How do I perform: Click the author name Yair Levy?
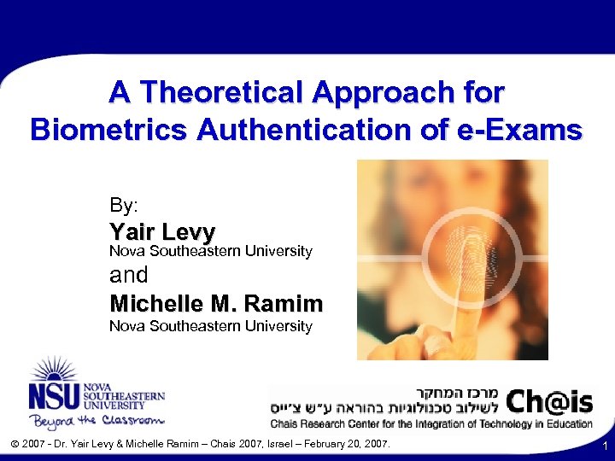pyautogui.click(x=162, y=231)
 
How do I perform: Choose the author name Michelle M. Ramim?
pyautogui.click(x=216, y=303)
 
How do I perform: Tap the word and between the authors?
pyautogui.click(x=129, y=275)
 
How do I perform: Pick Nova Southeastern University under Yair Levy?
pyautogui.click(x=211, y=251)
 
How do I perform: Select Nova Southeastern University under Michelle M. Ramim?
pyautogui.click(x=211, y=326)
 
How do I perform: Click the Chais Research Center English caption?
pyautogui.click(x=430, y=423)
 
